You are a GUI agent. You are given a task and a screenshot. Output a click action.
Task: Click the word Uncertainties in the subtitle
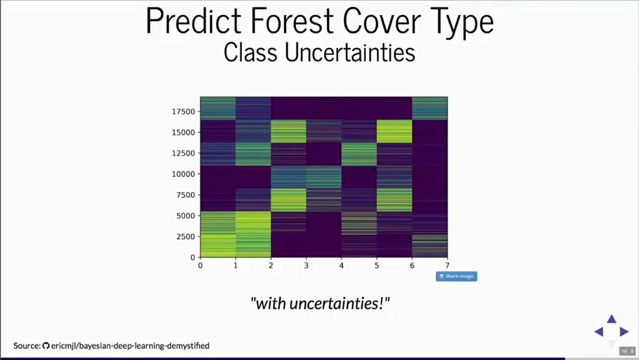coord(350,53)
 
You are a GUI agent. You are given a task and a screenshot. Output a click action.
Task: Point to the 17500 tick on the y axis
coord(184,112)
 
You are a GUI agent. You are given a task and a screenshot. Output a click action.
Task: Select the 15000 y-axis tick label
coord(184,132)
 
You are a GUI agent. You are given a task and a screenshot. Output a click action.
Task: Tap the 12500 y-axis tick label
coord(184,153)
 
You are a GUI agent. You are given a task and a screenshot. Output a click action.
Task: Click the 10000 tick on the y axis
coord(184,174)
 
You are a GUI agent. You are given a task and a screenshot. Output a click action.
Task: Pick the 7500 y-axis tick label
coord(186,195)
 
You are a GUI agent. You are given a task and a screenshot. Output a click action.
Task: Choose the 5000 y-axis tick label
coord(186,215)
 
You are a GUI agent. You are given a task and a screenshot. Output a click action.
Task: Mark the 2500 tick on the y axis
coord(186,237)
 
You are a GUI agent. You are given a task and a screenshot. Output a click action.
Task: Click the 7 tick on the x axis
coord(447,265)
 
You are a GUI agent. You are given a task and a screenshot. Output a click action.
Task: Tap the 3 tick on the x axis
coord(306,265)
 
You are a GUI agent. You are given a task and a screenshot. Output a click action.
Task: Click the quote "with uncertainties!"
coord(320,304)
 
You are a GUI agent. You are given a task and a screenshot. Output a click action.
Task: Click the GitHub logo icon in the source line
coord(46,346)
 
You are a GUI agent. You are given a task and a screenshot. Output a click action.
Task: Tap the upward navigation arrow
coord(611,319)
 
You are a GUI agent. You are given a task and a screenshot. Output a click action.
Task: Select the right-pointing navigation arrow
coord(624,331)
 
